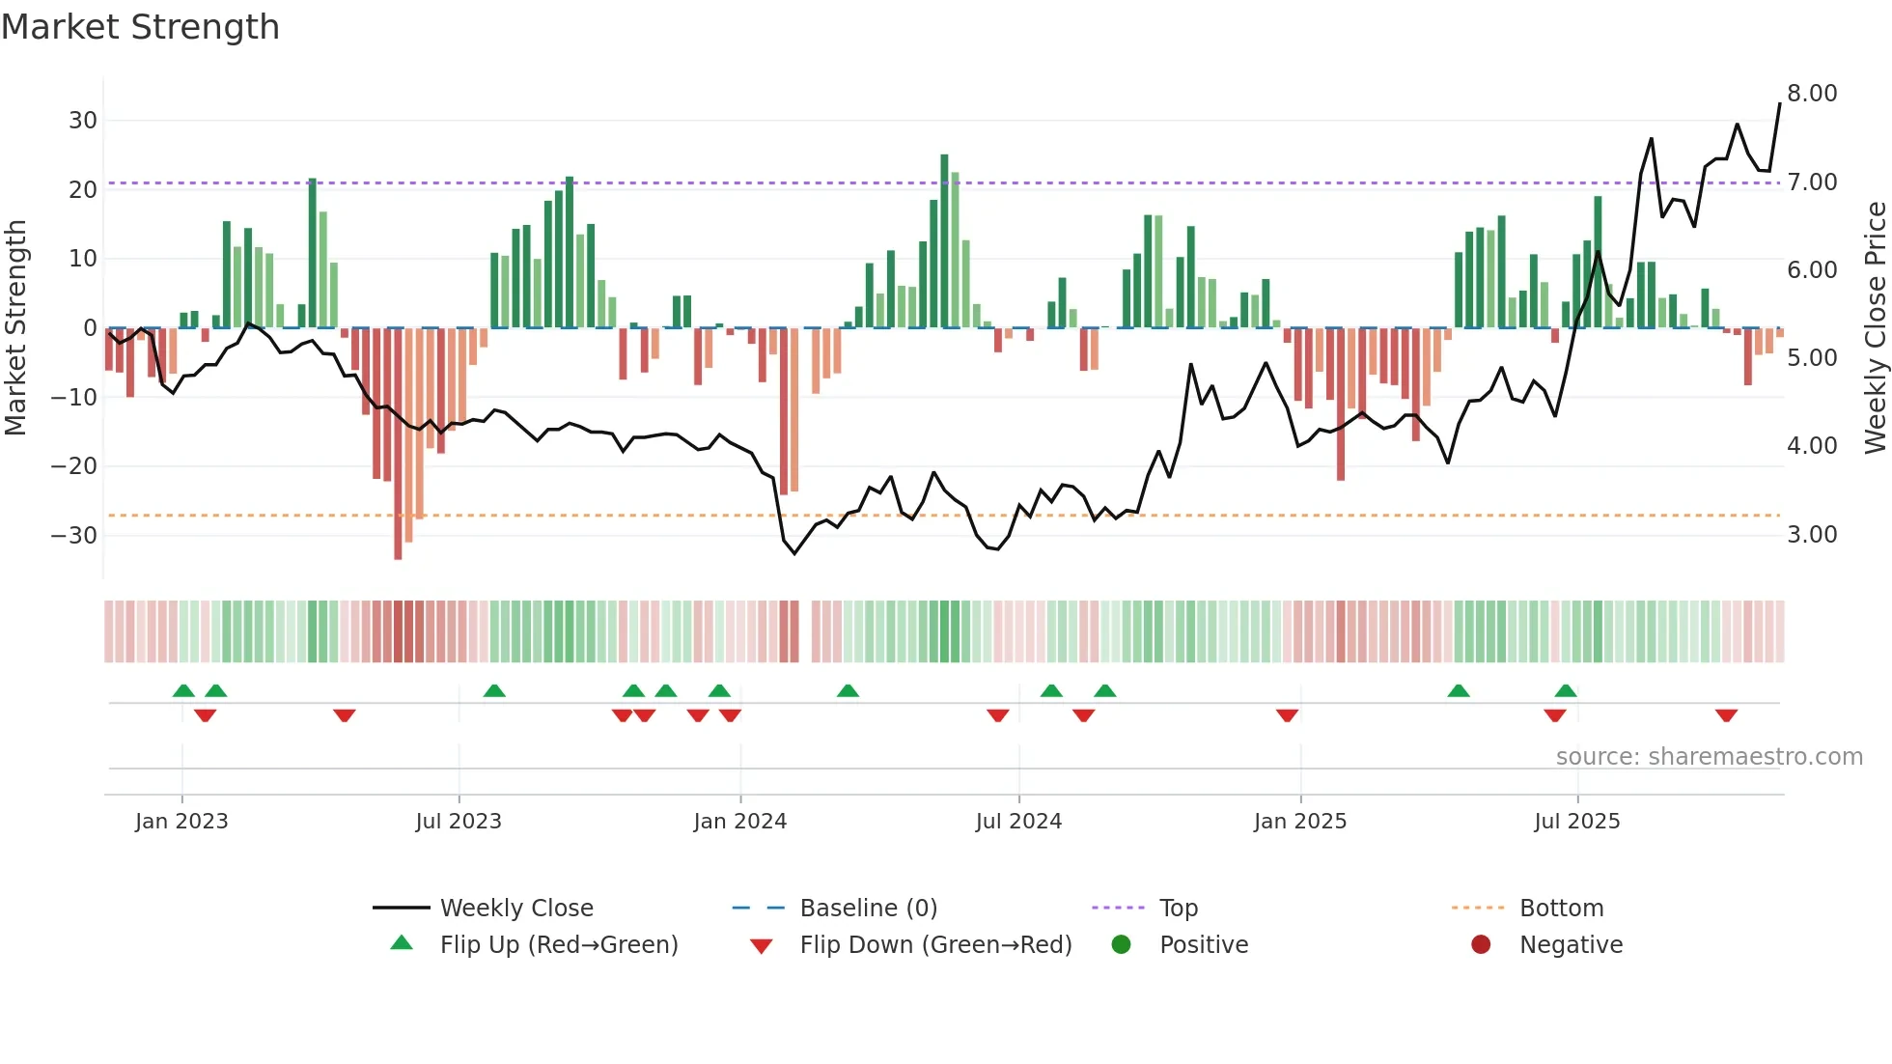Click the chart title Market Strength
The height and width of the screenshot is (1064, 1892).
click(140, 27)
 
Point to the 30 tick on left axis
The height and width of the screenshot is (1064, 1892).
click(83, 121)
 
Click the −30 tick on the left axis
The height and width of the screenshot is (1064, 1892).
click(74, 535)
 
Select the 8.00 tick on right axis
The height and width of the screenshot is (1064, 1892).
click(1812, 94)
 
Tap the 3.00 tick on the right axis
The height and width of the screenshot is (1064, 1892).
click(1812, 535)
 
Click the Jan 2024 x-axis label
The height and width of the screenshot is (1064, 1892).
click(739, 822)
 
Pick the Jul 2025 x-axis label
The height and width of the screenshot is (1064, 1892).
click(1576, 822)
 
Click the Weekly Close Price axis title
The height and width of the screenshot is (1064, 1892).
click(1875, 328)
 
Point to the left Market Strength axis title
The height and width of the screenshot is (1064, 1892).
click(15, 328)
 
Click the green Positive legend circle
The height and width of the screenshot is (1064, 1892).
click(1121, 944)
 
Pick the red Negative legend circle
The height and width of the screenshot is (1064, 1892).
click(1481, 944)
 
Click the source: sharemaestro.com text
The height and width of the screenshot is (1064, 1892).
click(1709, 757)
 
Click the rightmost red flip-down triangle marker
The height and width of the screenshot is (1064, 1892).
click(1726, 715)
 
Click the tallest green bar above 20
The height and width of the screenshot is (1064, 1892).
click(944, 241)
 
